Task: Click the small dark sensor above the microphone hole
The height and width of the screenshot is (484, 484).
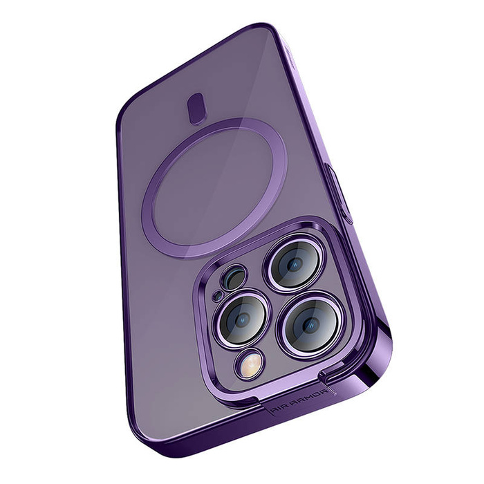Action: pos(235,278)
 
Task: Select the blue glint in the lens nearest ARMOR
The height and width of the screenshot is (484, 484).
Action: pos(310,326)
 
